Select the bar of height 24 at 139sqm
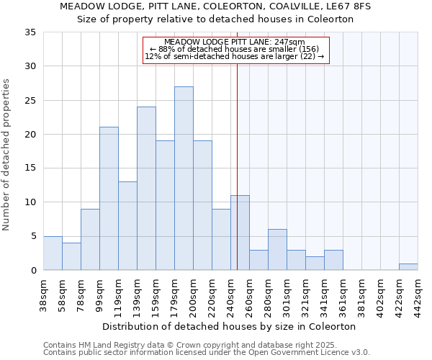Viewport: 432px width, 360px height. (146, 189)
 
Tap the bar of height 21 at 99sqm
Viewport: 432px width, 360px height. (109, 199)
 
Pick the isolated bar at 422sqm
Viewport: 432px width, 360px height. (408, 266)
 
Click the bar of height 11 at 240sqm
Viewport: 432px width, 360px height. (240, 233)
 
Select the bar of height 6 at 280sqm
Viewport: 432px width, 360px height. (277, 250)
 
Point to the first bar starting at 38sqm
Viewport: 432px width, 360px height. (53, 253)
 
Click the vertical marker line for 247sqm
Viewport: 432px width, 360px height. (237, 166)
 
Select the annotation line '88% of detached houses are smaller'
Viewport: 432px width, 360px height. (235, 49)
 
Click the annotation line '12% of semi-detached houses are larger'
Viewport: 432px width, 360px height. (235, 56)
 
